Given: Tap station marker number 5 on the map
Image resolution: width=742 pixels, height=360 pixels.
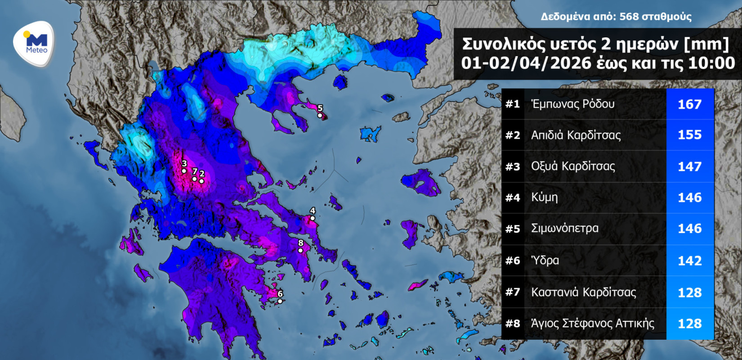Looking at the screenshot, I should point(320,115).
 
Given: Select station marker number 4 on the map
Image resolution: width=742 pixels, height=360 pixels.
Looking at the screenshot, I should point(313,218).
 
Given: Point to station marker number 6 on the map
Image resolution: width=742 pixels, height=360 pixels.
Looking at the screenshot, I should point(280,301).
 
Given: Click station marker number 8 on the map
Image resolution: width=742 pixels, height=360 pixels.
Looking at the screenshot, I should point(300,251).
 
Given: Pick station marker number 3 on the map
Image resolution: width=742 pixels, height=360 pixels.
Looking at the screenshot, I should point(184,171).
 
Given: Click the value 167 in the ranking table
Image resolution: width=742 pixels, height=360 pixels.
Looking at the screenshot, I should point(689,104).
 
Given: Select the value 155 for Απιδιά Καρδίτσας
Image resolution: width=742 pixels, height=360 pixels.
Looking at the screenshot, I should point(689,135).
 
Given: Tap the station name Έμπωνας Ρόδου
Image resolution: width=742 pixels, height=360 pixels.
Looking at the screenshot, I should point(572,104).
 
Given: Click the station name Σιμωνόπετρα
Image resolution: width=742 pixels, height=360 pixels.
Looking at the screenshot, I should point(564,229).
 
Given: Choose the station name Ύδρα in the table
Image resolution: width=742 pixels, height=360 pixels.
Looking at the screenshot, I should point(545,261).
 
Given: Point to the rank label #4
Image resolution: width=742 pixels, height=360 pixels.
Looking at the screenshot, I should point(513,198).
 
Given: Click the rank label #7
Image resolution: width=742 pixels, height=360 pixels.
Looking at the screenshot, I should point(513,292).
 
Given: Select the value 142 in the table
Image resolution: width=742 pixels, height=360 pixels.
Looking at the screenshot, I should point(689,261).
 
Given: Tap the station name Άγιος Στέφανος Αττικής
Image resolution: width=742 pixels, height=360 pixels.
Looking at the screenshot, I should point(592,324).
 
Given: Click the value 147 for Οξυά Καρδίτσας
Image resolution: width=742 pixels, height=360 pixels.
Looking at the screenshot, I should point(689,166).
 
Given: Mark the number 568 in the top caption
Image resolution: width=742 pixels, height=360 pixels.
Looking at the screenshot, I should point(629,17).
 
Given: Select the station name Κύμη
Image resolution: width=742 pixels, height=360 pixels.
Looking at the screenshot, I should point(544,198).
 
